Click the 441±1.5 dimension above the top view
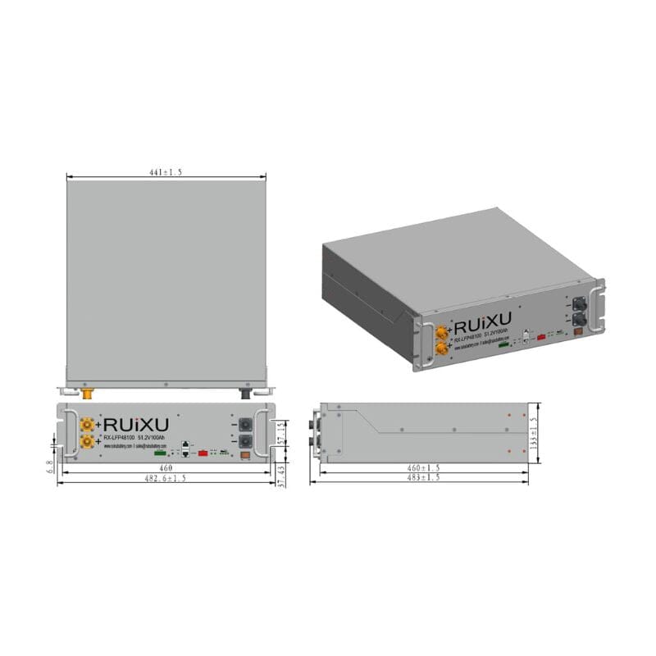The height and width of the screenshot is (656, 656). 166,171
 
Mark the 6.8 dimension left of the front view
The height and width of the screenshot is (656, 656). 50,465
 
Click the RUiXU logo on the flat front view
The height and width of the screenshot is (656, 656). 136,425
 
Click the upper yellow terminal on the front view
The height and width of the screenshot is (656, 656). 87,425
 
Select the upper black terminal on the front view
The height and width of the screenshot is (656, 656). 244,426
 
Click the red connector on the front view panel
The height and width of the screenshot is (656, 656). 201,452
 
